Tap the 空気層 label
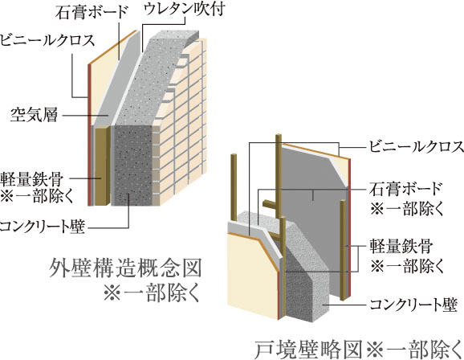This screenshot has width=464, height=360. [35, 115]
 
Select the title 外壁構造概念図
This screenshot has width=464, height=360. [125, 268]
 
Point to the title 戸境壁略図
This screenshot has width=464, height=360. [308, 350]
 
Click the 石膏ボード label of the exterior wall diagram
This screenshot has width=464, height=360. [92, 12]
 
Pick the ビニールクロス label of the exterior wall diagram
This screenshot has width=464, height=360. [47, 40]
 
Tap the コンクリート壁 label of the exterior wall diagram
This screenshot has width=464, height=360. [43, 227]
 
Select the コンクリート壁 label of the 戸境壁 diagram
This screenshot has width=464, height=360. [414, 305]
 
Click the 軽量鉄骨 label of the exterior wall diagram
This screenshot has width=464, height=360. [32, 179]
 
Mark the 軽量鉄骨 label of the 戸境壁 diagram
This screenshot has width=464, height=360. [401, 247]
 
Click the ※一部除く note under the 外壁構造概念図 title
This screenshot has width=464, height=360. [152, 294]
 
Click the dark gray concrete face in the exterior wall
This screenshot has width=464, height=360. [133, 165]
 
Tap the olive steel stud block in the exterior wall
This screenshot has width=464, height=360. [103, 166]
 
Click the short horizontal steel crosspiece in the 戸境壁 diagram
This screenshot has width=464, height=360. [270, 204]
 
